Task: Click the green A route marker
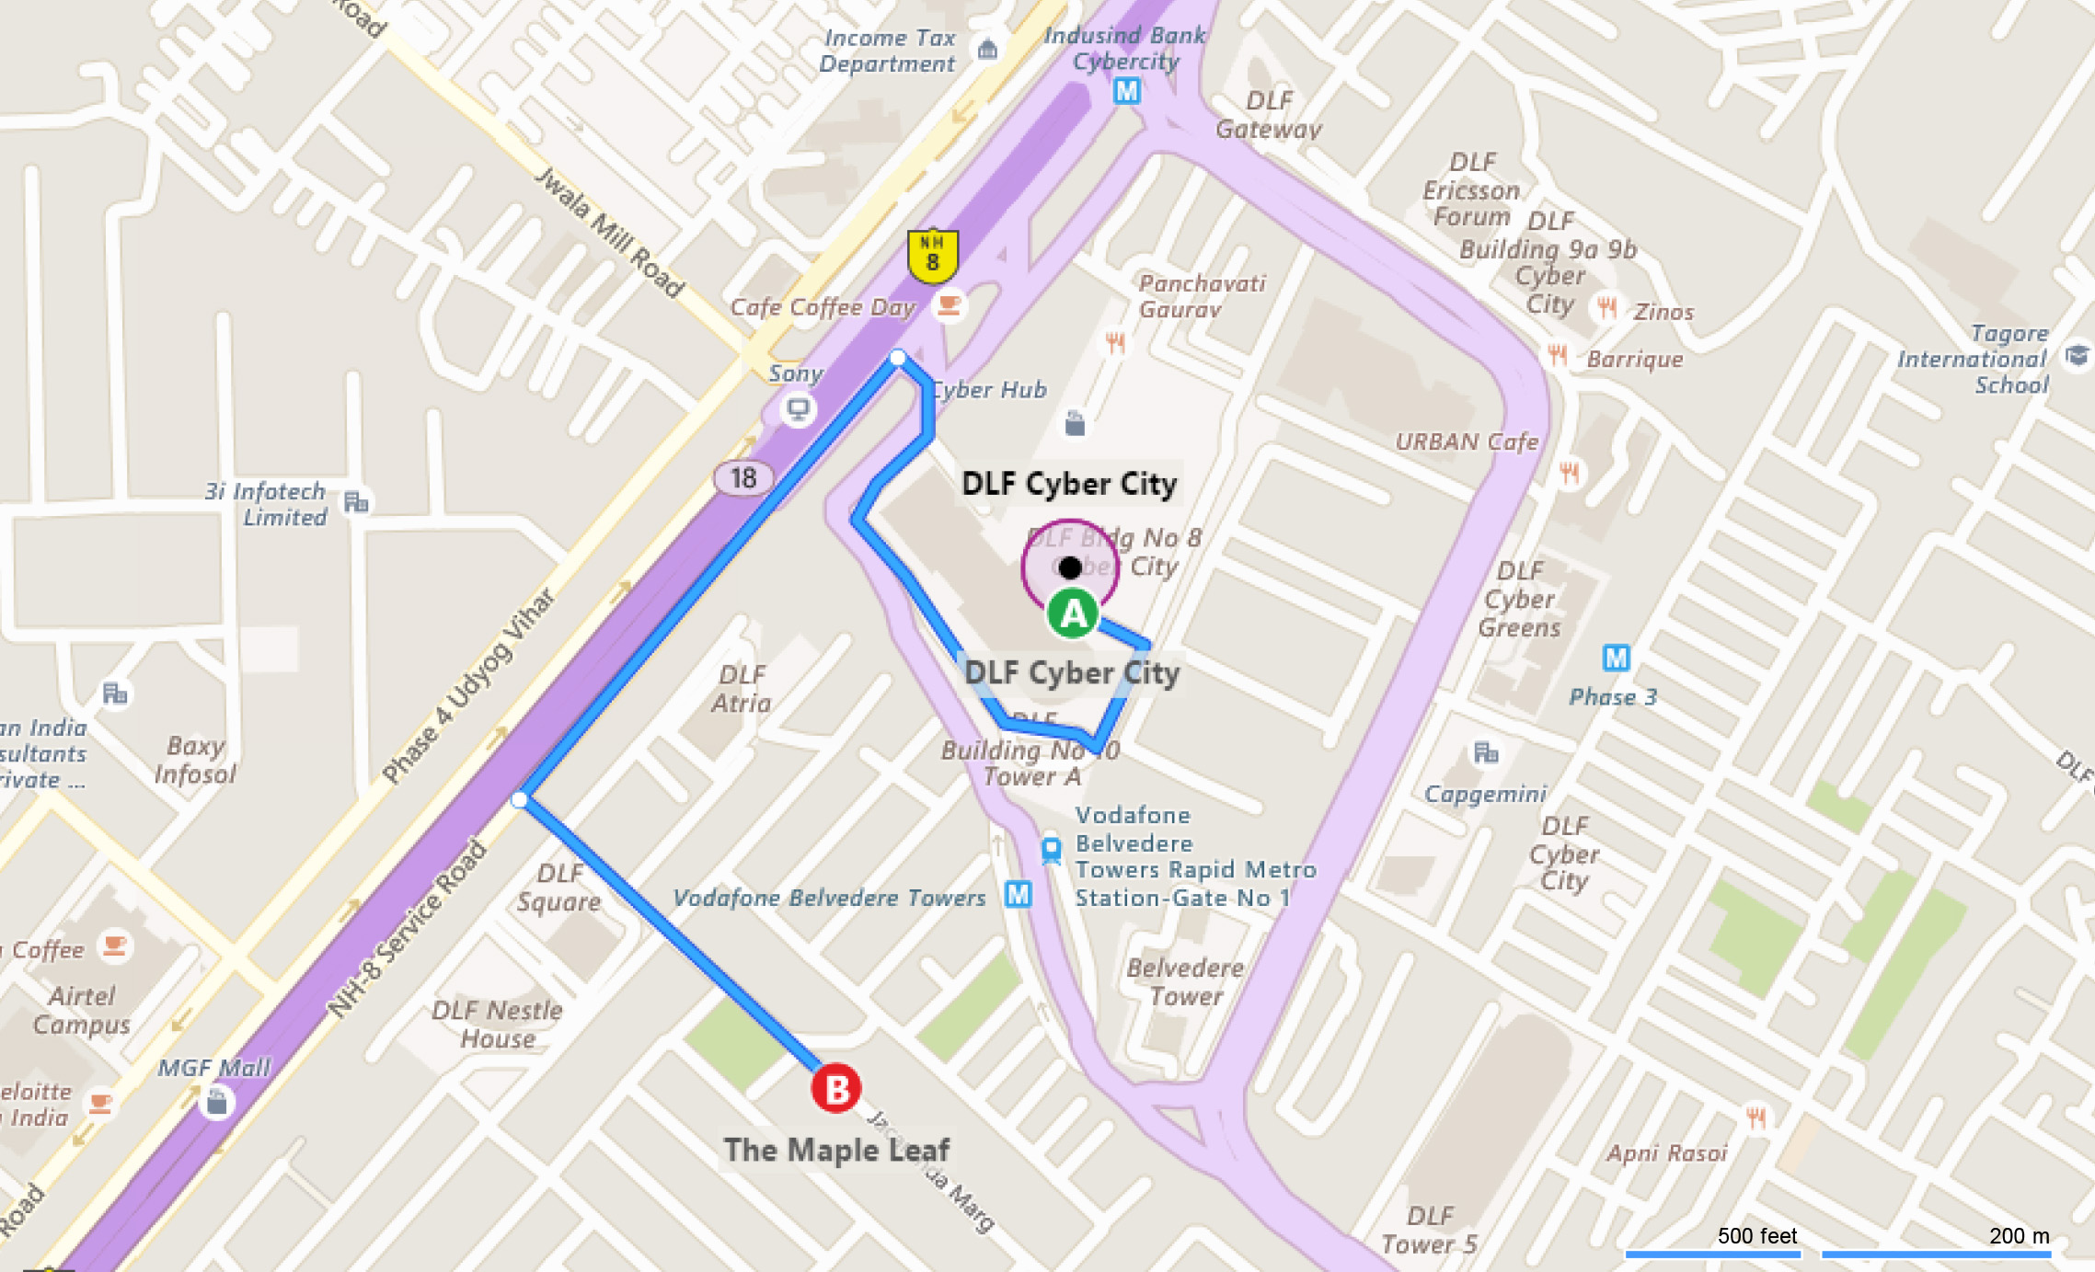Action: point(1073,613)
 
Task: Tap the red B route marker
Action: point(835,1089)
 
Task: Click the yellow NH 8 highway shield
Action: point(933,255)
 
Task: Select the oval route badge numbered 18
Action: point(743,477)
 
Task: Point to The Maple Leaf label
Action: point(835,1150)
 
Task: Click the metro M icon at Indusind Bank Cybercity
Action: point(1127,91)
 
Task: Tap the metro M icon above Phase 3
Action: point(1616,658)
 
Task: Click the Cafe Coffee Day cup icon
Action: point(949,305)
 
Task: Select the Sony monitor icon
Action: point(798,408)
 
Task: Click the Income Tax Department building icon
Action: point(988,49)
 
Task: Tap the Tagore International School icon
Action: point(2077,355)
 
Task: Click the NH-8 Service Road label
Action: point(407,929)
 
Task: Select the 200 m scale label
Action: point(2019,1235)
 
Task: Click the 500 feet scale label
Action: point(1756,1235)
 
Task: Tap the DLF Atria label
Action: point(742,689)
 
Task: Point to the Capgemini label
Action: point(1485,794)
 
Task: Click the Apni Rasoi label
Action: point(1667,1152)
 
